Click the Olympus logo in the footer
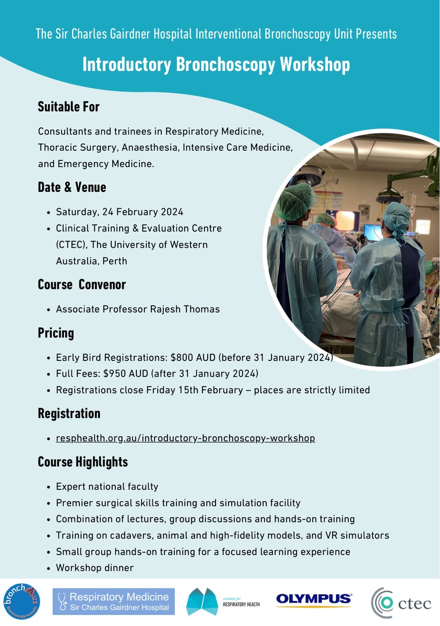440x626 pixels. point(314,600)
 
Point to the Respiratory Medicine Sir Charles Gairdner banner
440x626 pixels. point(114,601)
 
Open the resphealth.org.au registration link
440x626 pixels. point(185,438)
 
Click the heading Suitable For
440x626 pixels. point(68,107)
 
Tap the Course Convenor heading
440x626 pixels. point(81,285)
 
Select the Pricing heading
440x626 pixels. point(56,333)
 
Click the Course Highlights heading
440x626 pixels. point(82,462)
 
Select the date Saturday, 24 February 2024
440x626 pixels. point(120,212)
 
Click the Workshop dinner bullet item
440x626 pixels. point(94,568)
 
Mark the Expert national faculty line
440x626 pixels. point(106,487)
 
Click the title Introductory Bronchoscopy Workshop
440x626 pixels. point(216,65)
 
